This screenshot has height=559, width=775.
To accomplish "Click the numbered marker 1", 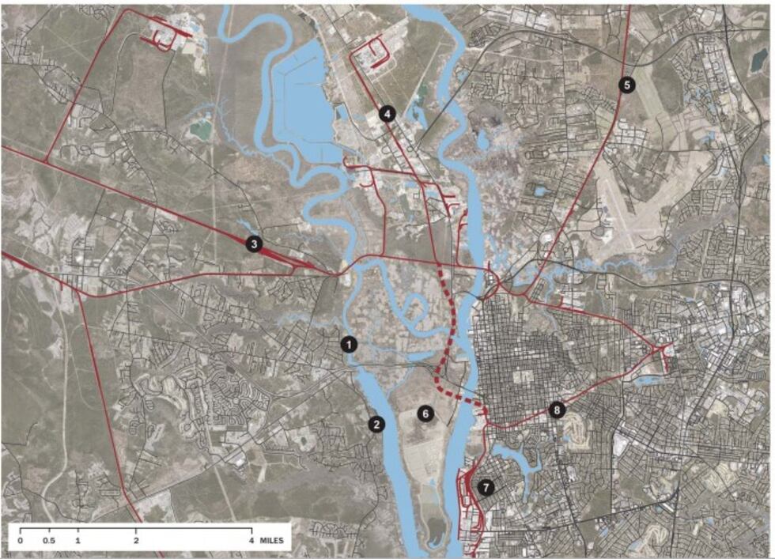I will click(x=349, y=344).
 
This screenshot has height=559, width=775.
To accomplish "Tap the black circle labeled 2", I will click(x=377, y=424).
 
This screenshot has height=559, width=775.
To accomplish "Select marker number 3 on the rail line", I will click(x=254, y=244).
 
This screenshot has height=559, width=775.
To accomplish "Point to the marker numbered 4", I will click(x=387, y=114).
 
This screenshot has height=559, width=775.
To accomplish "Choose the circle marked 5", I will click(x=626, y=85).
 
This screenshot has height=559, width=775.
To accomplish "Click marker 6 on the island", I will click(x=425, y=414).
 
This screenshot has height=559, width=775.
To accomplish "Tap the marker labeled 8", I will click(x=558, y=410).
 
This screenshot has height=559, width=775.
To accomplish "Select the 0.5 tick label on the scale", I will click(x=49, y=541).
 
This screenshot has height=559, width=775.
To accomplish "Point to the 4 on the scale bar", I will click(x=251, y=541).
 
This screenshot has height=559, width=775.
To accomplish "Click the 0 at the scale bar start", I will click(x=20, y=541).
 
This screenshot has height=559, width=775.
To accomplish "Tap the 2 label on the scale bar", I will click(x=136, y=541).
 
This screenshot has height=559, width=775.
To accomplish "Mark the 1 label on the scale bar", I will click(x=77, y=541).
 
